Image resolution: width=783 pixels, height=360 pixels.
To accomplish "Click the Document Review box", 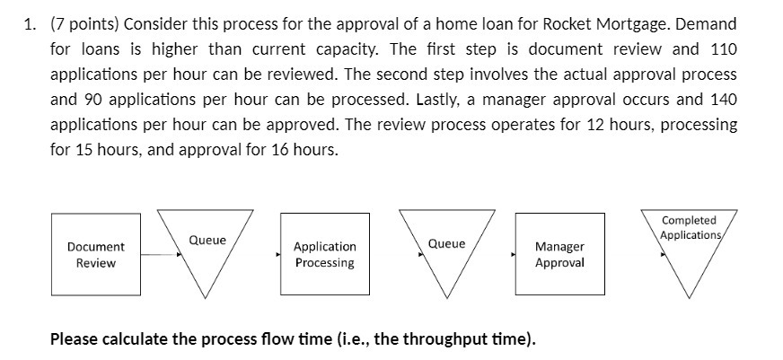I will pos(95,254).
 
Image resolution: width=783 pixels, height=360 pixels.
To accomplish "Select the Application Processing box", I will pos(324,254).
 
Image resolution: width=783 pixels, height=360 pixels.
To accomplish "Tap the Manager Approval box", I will pos(559,254).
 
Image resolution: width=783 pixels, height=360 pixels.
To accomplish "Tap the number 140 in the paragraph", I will pos(717,100).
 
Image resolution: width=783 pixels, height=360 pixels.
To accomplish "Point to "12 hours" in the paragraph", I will pos(611,125).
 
